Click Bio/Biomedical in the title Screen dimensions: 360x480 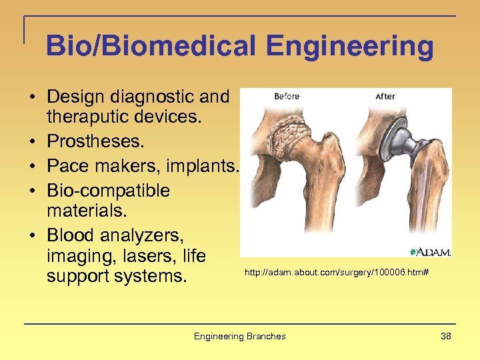pyautogui.click(x=151, y=47)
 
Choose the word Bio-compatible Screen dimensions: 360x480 pyautogui.click(x=108, y=191)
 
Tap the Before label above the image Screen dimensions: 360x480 pyautogui.click(x=287, y=97)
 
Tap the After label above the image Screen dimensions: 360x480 pyautogui.click(x=385, y=97)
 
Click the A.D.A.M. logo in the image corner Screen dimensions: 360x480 pyautogui.click(x=431, y=251)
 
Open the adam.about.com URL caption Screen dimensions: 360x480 pyautogui.click(x=336, y=273)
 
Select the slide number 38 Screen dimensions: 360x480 pyautogui.click(x=446, y=336)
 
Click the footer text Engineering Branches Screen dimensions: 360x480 pyautogui.click(x=239, y=336)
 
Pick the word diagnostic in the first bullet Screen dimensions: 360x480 pyautogui.click(x=149, y=97)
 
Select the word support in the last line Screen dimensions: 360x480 pyautogui.click(x=75, y=275)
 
